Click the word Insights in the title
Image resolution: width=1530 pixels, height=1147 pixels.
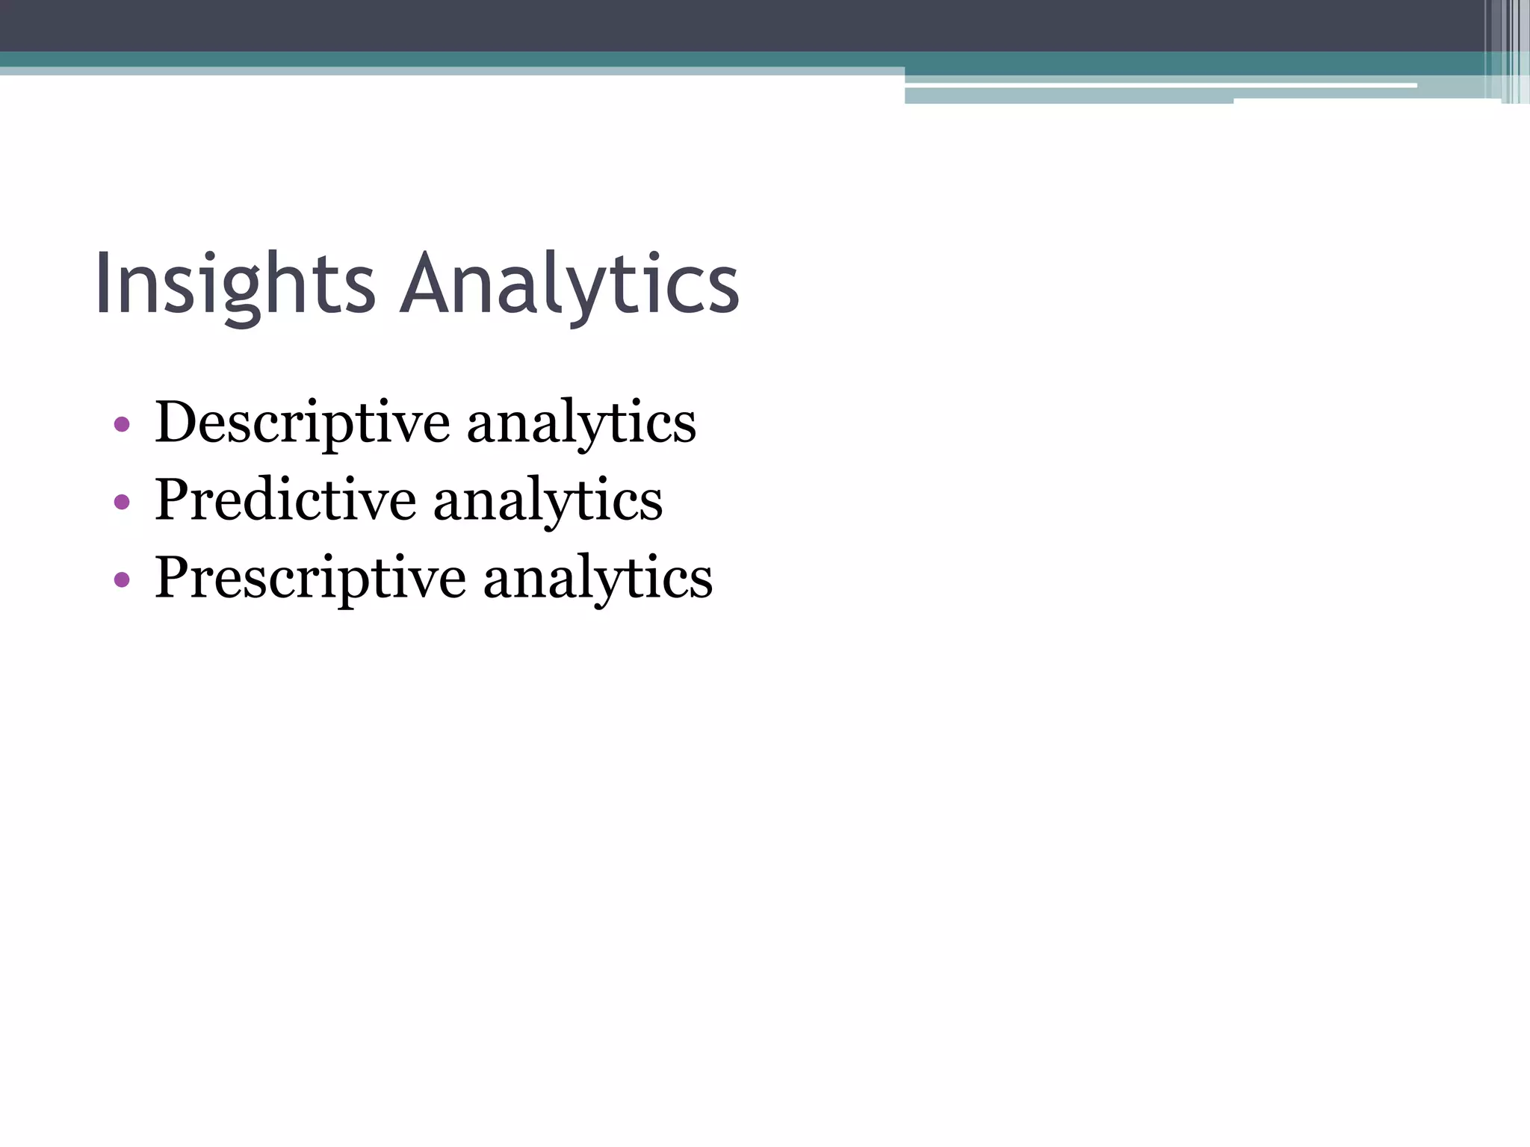tap(235, 285)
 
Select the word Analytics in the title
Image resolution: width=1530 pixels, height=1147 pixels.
tap(569, 285)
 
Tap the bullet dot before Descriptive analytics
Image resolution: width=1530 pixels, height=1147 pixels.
tap(122, 425)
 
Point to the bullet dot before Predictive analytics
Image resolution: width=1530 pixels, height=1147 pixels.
tap(122, 503)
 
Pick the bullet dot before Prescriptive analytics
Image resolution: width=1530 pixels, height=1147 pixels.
tap(122, 579)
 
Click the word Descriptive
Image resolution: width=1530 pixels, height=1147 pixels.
tap(302, 423)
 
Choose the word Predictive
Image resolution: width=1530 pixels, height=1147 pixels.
tap(285, 500)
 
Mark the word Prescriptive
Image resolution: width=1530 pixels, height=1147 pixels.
tap(310, 578)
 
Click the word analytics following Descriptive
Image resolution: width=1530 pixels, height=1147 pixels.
tap(581, 423)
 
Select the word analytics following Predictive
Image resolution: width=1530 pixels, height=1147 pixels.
tap(548, 500)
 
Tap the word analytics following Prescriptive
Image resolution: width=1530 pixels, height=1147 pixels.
tap(598, 578)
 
